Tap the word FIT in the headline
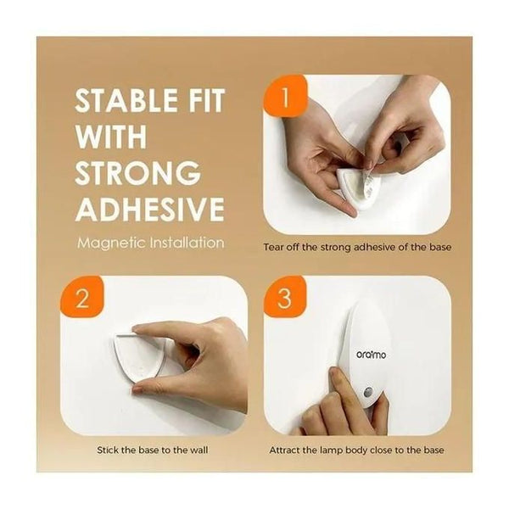205,100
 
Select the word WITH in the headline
111,136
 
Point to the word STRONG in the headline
137,171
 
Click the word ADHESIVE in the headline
149,208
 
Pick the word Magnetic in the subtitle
112,243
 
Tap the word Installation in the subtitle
187,243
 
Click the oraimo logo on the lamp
372,355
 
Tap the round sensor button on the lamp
368,392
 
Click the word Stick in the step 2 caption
107,450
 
